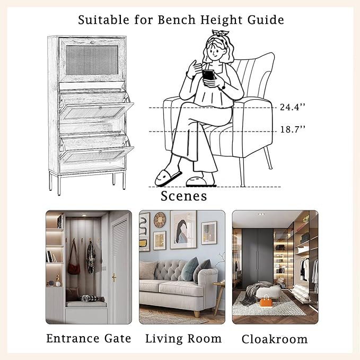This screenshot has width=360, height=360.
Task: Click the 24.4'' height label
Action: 293,107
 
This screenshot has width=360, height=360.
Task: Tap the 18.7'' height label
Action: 293,129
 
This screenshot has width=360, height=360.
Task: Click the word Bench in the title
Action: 177,20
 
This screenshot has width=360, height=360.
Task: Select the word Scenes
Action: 183,196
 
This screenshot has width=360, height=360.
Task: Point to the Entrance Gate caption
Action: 89,338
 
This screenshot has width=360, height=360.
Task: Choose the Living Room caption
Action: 183,339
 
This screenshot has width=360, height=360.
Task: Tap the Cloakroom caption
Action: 275,339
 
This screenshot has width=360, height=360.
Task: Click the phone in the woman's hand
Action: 208,75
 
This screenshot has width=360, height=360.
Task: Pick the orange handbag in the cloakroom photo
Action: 266,301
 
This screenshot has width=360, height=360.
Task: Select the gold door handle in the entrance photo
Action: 113,278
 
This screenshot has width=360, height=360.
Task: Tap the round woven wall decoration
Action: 160,219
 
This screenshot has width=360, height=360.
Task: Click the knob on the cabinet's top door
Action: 92,42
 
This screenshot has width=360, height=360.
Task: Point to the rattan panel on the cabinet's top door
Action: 92,60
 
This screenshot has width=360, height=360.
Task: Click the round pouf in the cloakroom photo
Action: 268,292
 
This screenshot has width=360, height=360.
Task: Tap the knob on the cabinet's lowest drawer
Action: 100,152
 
